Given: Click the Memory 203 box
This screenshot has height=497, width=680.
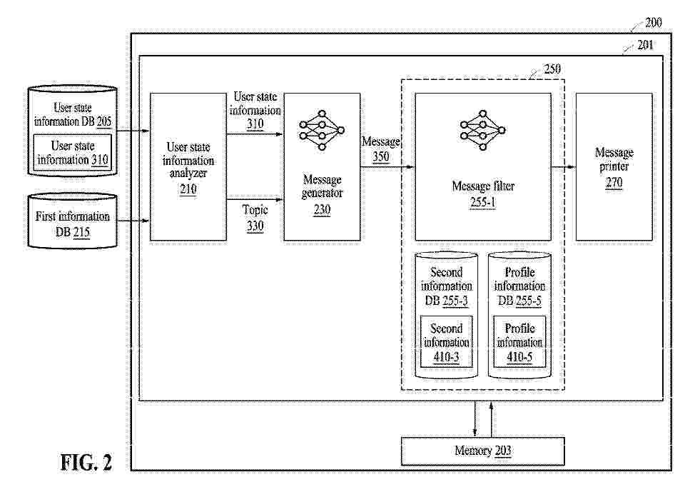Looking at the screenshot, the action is (482, 451).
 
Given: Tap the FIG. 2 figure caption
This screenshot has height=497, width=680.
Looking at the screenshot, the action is (86, 462).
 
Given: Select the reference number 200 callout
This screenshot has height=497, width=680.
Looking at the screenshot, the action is (653, 23).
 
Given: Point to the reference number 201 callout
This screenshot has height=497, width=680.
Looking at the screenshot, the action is (645, 45).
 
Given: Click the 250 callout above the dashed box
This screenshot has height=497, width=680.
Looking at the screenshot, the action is (552, 69).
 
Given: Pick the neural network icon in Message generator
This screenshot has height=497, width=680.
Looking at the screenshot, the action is (321, 130).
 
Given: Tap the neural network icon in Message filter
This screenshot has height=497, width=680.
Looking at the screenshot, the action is (482, 130).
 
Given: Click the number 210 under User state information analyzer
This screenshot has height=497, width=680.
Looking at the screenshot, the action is (188, 189).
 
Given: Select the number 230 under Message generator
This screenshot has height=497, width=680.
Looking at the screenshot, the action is (322, 210).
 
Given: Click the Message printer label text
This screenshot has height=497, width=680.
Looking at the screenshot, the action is (614, 159).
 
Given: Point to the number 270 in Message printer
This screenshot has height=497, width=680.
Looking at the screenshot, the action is (614, 182).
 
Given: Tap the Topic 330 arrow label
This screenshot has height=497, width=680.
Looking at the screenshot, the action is (255, 218).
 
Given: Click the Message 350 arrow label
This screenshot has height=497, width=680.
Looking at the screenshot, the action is (381, 149).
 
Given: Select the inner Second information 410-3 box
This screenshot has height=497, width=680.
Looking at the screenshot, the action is (446, 341).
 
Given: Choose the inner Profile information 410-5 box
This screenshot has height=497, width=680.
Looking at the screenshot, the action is (519, 341).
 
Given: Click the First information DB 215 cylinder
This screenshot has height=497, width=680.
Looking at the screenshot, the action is (72, 221).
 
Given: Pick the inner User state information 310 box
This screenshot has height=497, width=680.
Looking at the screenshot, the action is (72, 152).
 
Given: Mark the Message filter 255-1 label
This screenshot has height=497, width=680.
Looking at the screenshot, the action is (482, 194).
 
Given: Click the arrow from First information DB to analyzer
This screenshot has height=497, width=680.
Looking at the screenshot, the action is (133, 221).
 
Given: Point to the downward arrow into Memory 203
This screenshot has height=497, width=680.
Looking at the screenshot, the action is (475, 419).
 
